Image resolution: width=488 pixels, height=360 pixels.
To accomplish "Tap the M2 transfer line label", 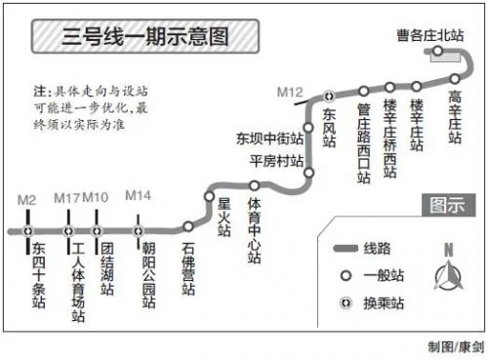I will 27,199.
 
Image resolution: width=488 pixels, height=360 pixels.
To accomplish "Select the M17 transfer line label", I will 66,199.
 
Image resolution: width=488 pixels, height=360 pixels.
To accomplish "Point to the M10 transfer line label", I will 96,199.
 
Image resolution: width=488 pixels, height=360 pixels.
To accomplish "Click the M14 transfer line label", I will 138,197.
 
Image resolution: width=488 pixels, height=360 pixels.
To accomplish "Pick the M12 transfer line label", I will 290,92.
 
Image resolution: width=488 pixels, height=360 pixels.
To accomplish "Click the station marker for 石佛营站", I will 188,227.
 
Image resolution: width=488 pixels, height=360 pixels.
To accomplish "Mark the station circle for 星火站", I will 209,196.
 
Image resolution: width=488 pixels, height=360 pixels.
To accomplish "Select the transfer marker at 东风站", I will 330,97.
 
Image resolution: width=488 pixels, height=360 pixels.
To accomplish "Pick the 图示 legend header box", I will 448,205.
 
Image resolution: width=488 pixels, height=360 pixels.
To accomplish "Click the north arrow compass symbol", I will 448,275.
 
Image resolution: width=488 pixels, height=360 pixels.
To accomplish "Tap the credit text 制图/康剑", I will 454,346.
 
